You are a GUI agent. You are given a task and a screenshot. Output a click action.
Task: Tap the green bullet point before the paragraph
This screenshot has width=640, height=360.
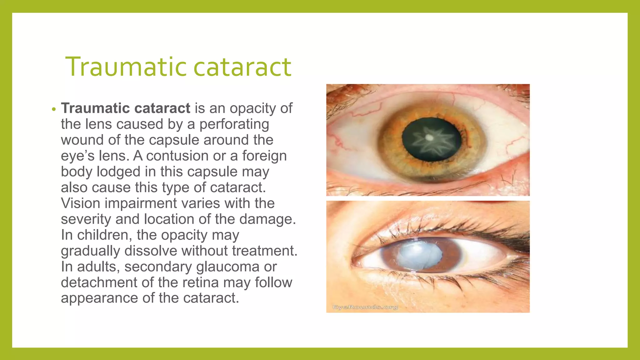coord(54,109)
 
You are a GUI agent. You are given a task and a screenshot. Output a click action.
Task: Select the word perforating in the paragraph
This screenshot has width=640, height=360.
coord(234,124)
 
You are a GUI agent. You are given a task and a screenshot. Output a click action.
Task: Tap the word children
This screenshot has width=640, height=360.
coord(104,235)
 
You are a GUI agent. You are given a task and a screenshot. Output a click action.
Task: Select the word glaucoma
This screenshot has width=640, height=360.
coord(228,267)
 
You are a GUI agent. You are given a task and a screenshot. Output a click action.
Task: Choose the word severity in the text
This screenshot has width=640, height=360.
coord(86,219)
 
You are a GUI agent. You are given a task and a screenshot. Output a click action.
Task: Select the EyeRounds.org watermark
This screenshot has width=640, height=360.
coord(365,307)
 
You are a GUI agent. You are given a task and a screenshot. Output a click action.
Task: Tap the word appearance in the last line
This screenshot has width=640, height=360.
coord(99,298)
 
